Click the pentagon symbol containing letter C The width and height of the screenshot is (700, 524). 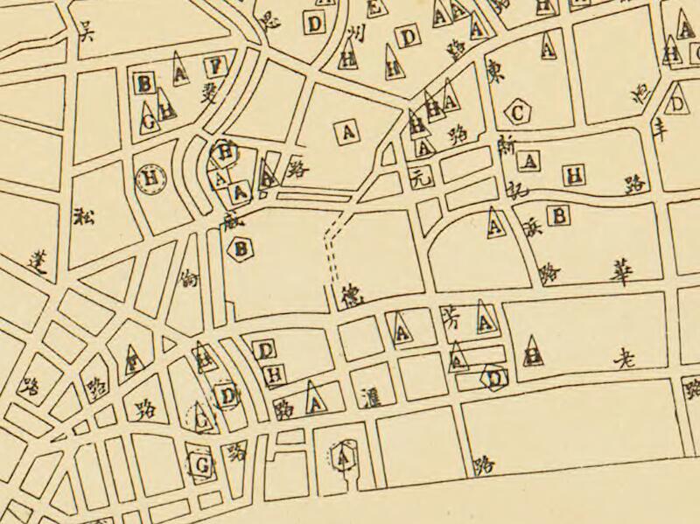(518, 112)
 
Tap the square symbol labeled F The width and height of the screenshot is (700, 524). (214, 66)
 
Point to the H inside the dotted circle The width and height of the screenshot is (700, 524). (152, 179)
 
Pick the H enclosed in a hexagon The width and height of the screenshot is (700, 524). (226, 152)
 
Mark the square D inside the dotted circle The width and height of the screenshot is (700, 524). (228, 395)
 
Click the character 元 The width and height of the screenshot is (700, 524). (421, 181)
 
